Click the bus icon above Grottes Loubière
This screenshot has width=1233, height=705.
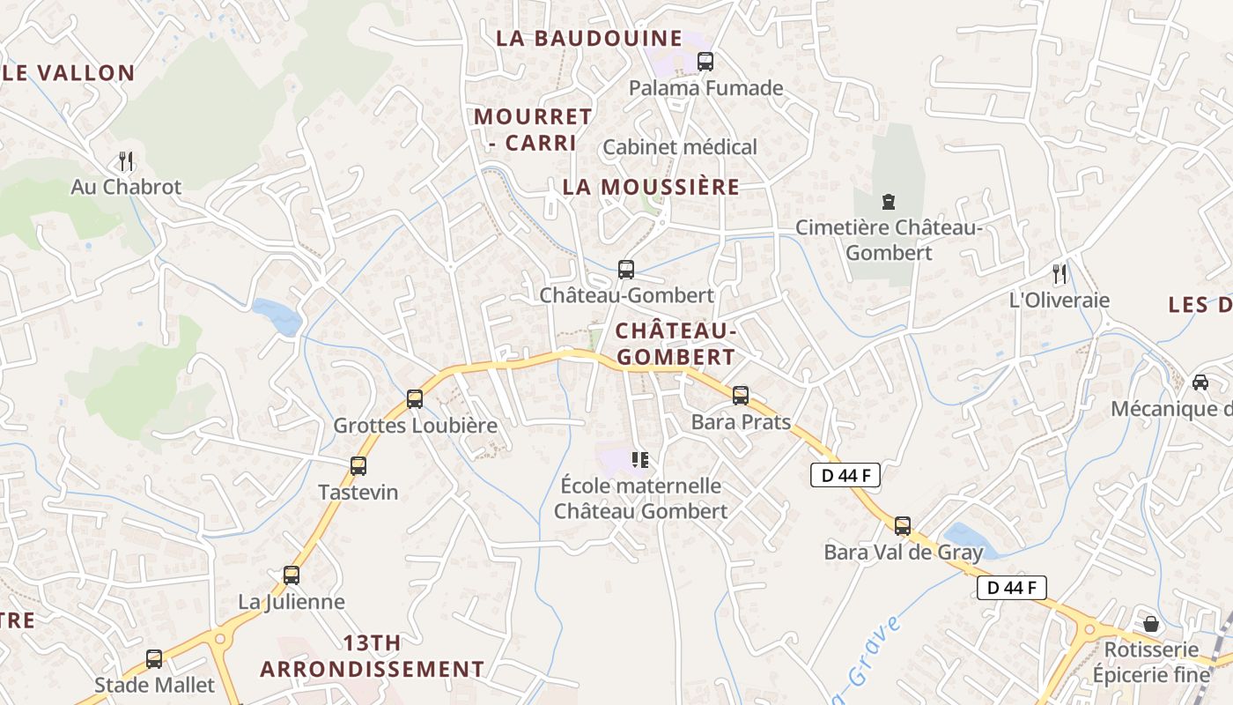pos(415,399)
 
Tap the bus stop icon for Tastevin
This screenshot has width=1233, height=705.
pos(358,466)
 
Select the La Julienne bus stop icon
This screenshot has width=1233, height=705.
pos(292,575)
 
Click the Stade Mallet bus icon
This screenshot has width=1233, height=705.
pos(154,658)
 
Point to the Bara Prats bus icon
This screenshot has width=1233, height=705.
pos(741,396)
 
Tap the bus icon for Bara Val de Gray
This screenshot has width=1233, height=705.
pos(903,526)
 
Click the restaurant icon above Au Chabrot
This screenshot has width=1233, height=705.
pos(126,160)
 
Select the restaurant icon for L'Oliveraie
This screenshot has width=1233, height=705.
pos(1059,274)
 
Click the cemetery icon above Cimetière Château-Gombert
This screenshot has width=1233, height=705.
pos(887,202)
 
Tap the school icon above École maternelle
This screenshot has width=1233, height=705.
pos(640,459)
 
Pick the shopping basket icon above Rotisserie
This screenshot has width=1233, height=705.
pos(1151,624)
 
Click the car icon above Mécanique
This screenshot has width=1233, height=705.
pos(1200,382)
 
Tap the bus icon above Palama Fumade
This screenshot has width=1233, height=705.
pos(705,62)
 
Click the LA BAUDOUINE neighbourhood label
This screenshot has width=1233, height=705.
pos(589,38)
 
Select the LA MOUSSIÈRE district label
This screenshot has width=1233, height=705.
pos(651,187)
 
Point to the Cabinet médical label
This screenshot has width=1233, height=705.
pos(679,147)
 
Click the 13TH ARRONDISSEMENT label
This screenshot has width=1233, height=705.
pos(372,656)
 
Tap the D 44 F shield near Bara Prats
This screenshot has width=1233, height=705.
pos(845,476)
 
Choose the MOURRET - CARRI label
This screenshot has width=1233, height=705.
pos(533,129)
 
